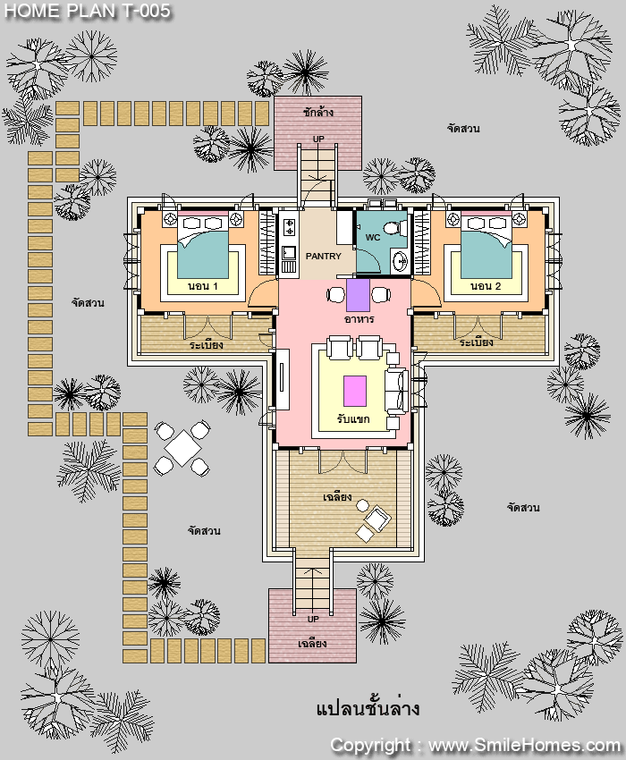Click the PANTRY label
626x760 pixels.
pos(323,256)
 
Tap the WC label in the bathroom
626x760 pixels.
pos(372,238)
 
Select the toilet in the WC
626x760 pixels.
pos(392,227)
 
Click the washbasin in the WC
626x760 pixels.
pos(402,262)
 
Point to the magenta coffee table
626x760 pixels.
pos(355,391)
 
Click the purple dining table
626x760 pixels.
pos(359,295)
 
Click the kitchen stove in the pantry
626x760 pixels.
pos(289,227)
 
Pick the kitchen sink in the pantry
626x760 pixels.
pos(289,253)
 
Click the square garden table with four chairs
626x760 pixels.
pos(182,448)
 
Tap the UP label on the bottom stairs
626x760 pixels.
pos(313,619)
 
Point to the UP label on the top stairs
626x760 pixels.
pos(318,139)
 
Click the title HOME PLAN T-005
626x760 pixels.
pos(88,11)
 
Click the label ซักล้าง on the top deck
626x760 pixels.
pos(318,112)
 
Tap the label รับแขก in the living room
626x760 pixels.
pos(353,418)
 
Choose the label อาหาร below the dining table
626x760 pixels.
pos(359,319)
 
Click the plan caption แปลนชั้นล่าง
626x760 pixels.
pos(368,708)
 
